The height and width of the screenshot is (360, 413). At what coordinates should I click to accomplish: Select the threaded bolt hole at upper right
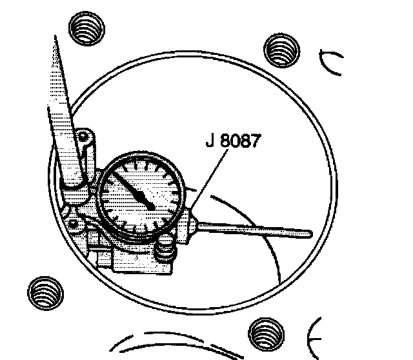point(281,48)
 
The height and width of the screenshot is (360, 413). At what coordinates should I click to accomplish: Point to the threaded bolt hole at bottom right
point(267,334)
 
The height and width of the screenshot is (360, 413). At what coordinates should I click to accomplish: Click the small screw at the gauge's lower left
point(76,223)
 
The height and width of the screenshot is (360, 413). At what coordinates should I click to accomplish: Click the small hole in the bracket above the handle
point(82,137)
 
